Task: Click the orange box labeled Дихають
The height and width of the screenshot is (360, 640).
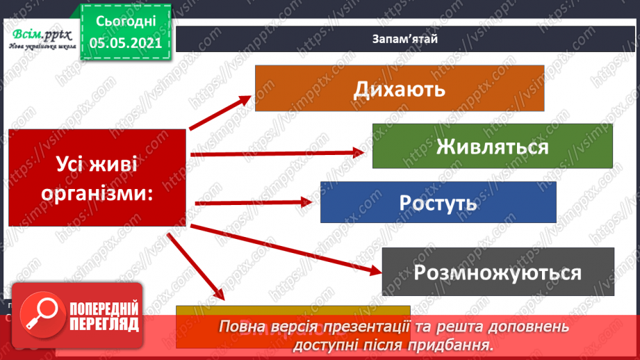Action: [399, 88]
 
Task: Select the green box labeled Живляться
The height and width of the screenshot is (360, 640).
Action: [492, 146]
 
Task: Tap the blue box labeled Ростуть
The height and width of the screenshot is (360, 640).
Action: [438, 202]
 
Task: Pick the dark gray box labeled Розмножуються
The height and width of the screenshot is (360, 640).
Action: [498, 272]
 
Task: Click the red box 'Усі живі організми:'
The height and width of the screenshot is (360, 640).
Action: [97, 177]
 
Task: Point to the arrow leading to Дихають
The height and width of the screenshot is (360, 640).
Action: [219, 112]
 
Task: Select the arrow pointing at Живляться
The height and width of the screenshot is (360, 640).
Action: [278, 152]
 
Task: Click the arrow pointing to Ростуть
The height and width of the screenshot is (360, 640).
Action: [254, 202]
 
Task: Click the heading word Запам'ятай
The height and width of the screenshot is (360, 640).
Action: [404, 38]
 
